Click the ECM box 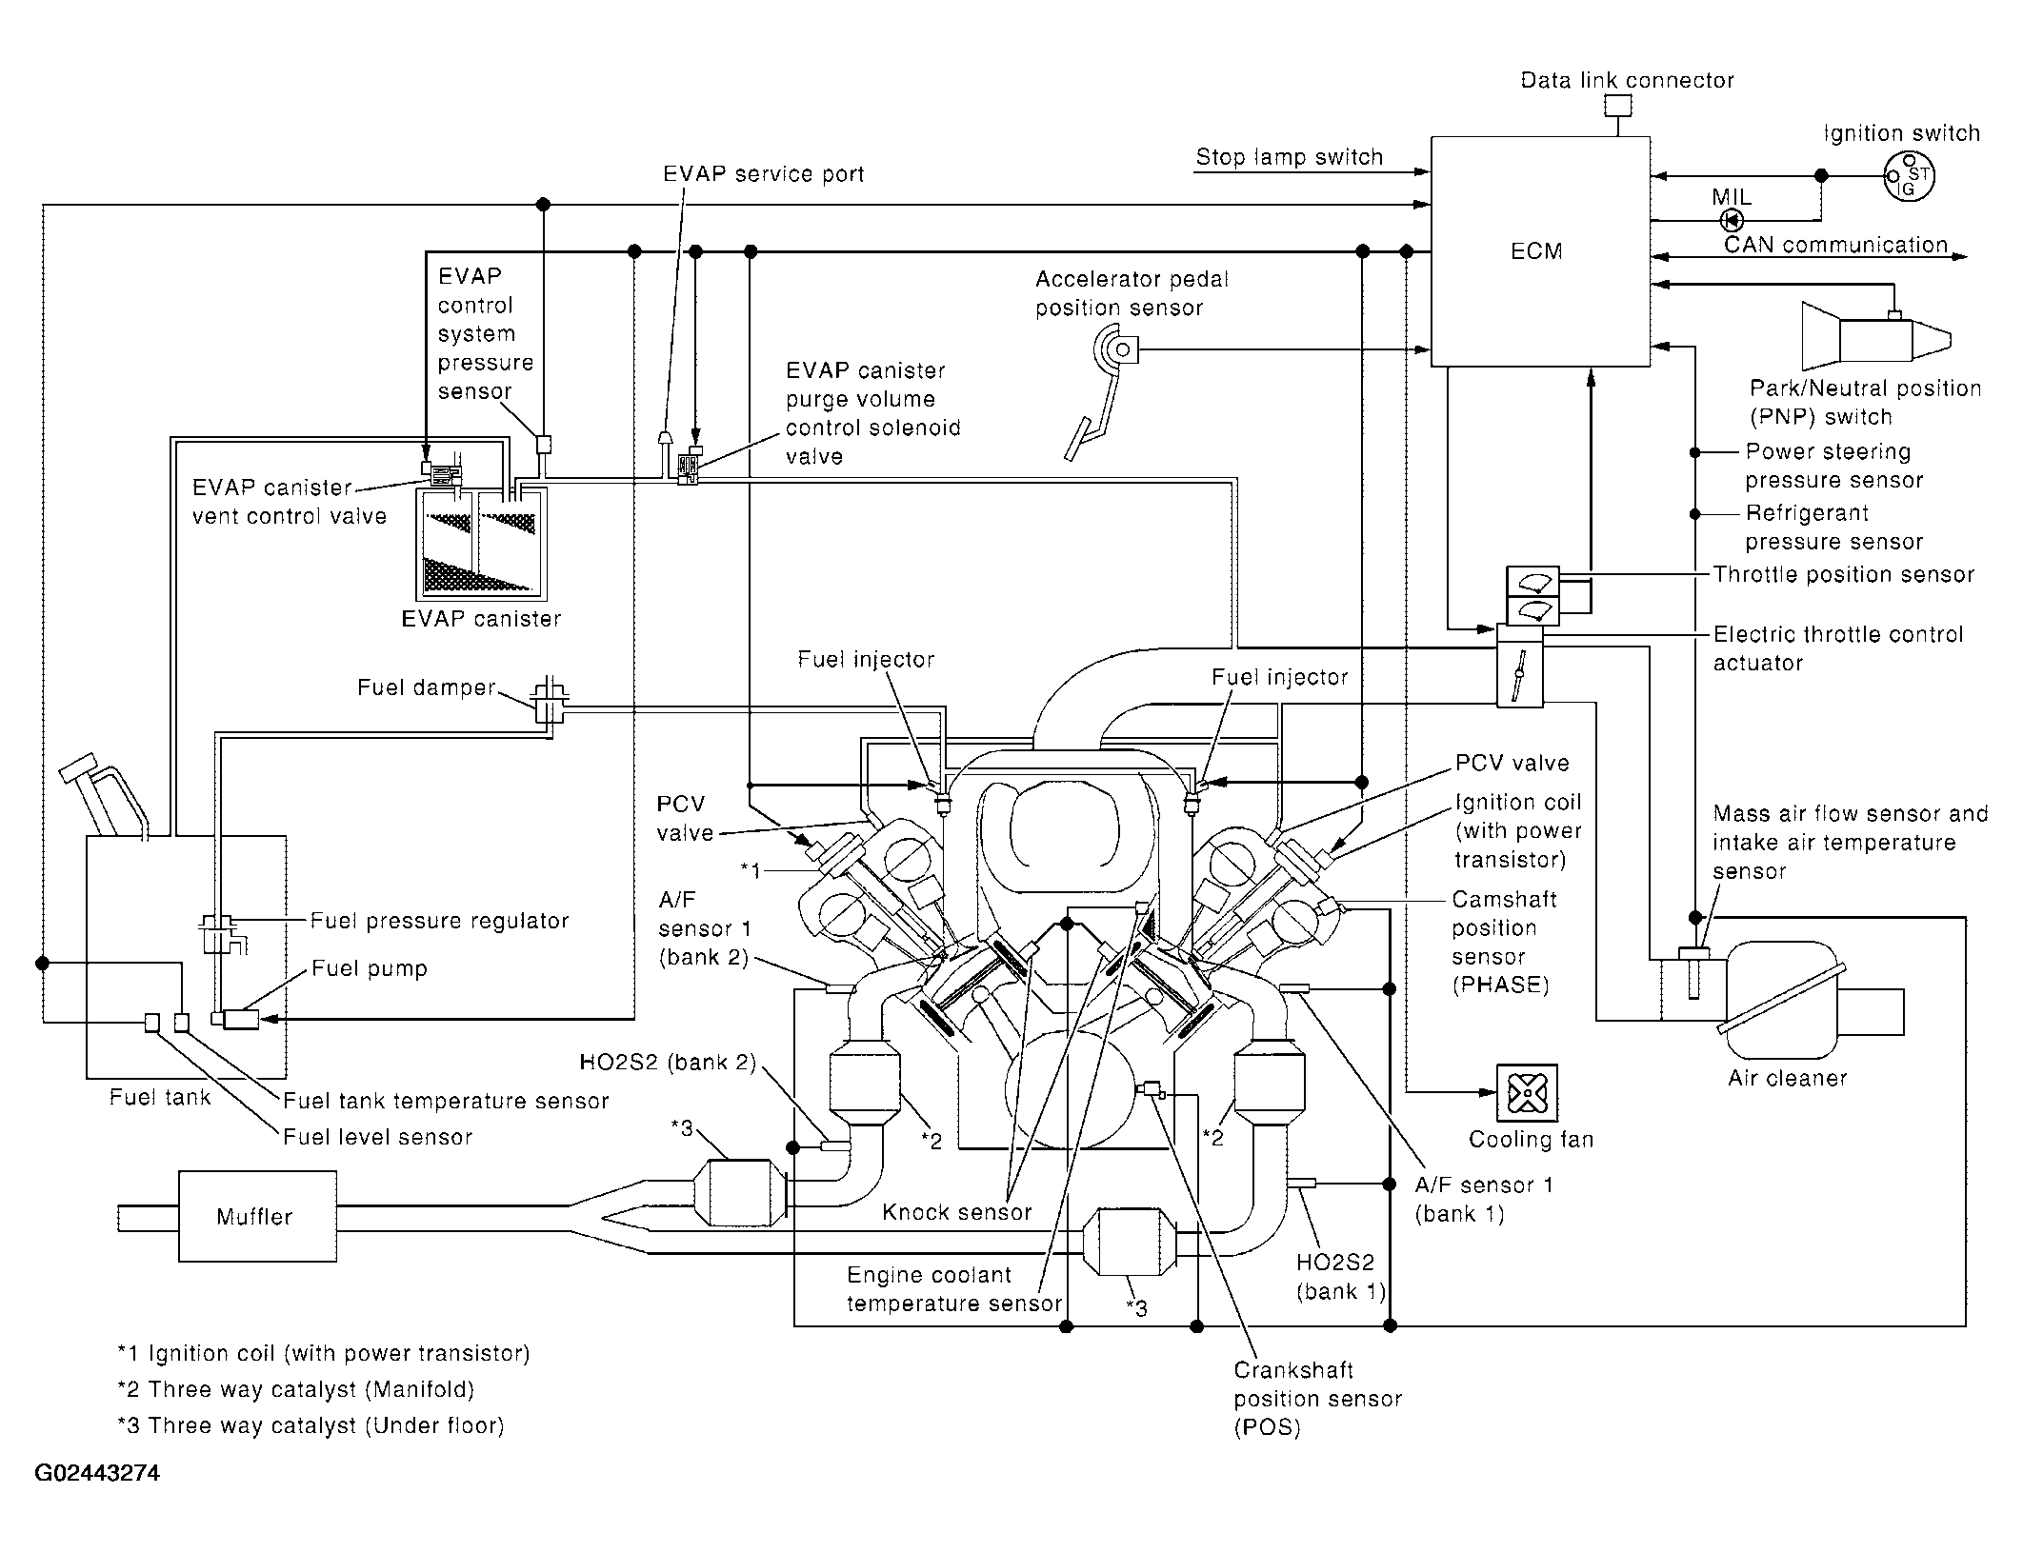[1540, 251]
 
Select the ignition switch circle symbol [1910, 176]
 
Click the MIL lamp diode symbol [1731, 221]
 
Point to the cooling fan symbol [1527, 1093]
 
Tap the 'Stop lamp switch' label [1289, 157]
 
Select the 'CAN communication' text [1835, 245]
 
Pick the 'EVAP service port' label [764, 174]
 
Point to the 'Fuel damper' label [427, 687]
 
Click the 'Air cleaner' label [1788, 1078]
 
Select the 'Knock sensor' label [956, 1212]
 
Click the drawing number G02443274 [97, 1474]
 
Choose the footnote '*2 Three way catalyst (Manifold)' [295, 1389]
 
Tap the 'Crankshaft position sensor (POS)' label [1317, 1399]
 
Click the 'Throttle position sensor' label [1844, 574]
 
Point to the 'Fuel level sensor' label [377, 1137]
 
